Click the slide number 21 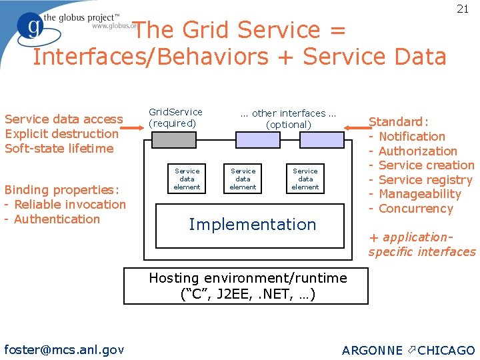(x=463, y=9)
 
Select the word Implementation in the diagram (x=252, y=225)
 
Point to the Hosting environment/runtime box (x=247, y=286)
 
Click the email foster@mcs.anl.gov (x=64, y=349)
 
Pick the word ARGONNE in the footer (x=372, y=351)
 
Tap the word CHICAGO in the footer (x=446, y=351)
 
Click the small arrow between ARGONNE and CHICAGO (x=411, y=350)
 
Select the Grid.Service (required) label (x=175, y=118)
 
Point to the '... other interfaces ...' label (x=289, y=113)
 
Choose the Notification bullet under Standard (x=411, y=137)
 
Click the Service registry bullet (x=425, y=180)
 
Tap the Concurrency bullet (x=415, y=209)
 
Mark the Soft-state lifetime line (x=59, y=148)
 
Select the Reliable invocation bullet (x=69, y=204)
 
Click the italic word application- (x=417, y=237)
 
